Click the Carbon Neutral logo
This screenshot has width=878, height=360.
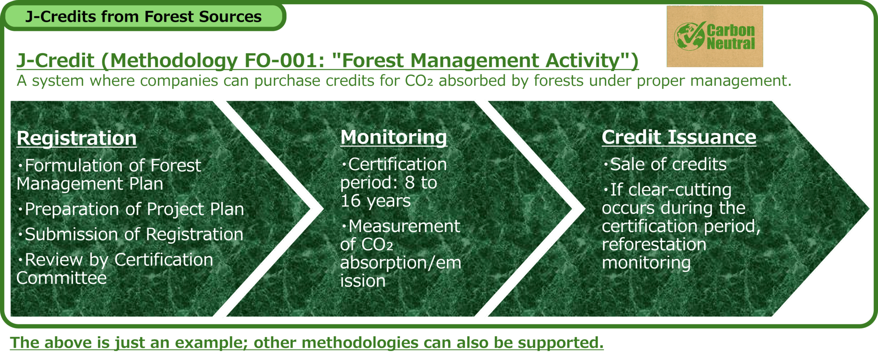coord(715,36)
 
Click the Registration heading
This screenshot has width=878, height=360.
coord(77,138)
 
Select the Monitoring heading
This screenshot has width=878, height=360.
coord(394,138)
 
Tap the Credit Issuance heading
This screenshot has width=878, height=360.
coord(679,137)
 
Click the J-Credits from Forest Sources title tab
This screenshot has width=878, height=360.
coord(143,17)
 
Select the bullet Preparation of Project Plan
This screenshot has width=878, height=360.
coord(130,210)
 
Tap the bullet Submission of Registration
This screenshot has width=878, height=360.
coord(130,234)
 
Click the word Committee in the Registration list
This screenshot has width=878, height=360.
coord(62,278)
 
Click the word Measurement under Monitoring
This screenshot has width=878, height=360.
coord(404,226)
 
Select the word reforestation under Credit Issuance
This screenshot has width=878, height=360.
coord(654,244)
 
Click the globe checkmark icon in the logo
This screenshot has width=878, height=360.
coord(689,36)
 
